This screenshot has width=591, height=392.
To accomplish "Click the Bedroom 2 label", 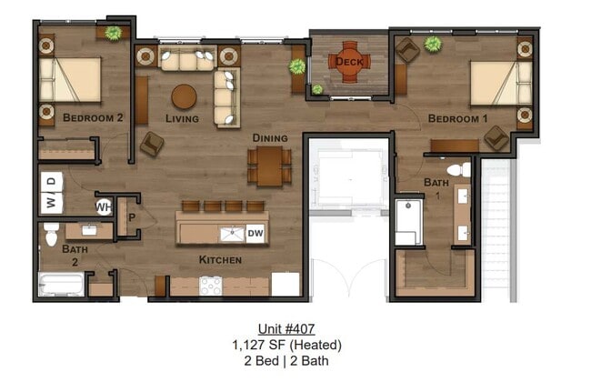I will (x=93, y=117).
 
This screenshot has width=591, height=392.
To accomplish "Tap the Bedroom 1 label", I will (x=457, y=119).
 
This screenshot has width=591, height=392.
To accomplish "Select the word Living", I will (x=182, y=118).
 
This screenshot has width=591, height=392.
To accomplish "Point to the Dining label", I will (x=270, y=138).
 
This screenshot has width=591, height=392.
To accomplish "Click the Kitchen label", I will (x=220, y=260).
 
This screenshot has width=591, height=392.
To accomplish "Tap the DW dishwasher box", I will (x=255, y=234).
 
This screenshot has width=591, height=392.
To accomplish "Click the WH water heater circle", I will (x=104, y=206).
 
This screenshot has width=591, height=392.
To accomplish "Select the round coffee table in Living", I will (x=185, y=96).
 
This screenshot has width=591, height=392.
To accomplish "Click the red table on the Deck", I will (x=349, y=61).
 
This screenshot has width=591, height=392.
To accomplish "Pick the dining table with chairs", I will (x=269, y=166).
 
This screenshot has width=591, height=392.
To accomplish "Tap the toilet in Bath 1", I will (x=458, y=169).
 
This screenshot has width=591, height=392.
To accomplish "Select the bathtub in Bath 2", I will (x=61, y=285).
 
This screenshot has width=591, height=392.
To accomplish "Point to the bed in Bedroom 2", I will (x=69, y=80).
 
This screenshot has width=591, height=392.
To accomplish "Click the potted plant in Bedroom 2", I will (x=113, y=34).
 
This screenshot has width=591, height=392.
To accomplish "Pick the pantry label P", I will (x=131, y=218).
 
